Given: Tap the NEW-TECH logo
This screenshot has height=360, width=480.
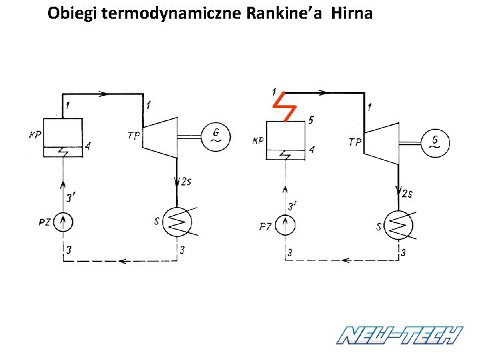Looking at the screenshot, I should click(x=399, y=335).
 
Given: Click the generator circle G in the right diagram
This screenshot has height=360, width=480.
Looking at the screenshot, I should click(x=435, y=142).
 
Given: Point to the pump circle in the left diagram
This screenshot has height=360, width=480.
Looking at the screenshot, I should click(x=64, y=221).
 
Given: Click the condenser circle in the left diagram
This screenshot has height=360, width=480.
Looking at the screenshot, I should click(x=177, y=221).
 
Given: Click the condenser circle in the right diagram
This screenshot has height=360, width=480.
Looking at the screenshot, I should click(x=399, y=225).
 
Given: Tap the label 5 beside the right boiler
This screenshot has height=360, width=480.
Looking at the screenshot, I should click(x=311, y=120).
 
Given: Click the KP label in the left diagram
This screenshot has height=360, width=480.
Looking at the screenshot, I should click(x=35, y=135).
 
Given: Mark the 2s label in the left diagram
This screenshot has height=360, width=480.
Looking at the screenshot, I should click(x=186, y=181).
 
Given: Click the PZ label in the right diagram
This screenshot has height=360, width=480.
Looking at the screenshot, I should click(x=265, y=227).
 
